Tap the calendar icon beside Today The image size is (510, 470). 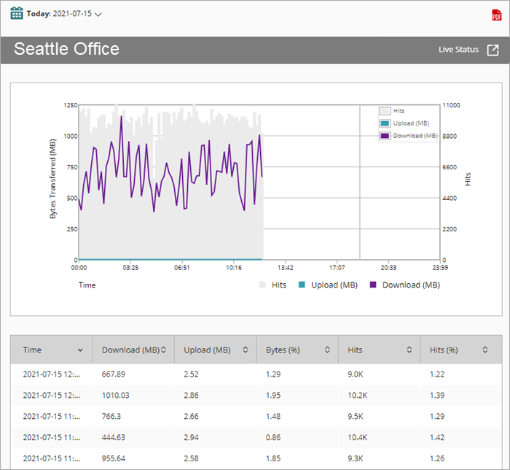click(16, 14)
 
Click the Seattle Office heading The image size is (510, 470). click(66, 49)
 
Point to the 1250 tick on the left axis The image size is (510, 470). click(70, 106)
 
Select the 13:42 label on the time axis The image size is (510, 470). click(285, 268)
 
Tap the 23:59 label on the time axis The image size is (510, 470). click(440, 268)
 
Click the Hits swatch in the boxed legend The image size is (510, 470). click(385, 111)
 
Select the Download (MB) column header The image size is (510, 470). click(131, 350)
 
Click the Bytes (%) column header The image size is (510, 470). click(283, 350)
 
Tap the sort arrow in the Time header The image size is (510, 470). click(80, 350)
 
